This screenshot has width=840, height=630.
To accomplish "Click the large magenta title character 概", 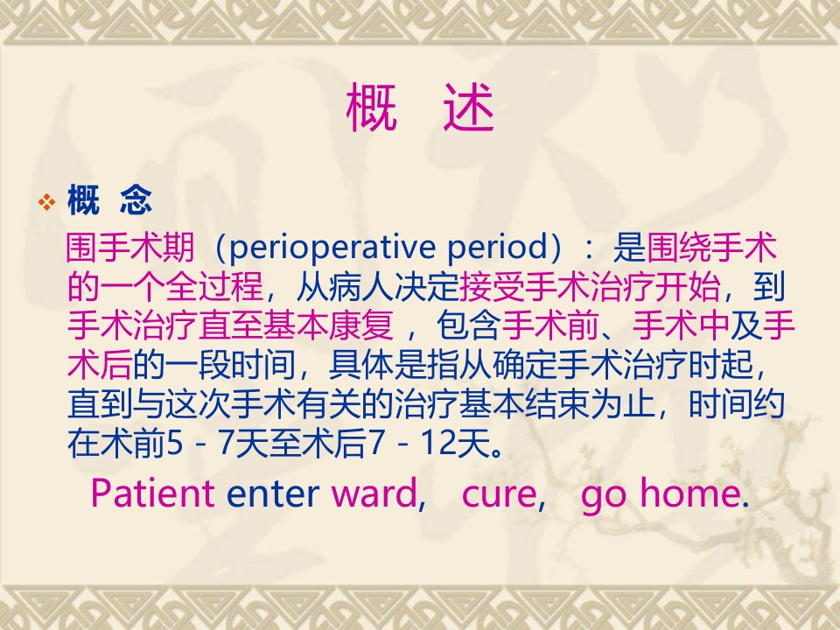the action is [x=371, y=108].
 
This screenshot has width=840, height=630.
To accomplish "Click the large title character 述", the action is [x=468, y=108].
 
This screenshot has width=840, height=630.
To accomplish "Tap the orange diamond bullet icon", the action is [x=47, y=202].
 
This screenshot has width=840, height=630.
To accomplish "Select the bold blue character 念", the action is [x=136, y=199].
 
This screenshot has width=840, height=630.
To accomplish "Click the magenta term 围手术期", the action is [x=130, y=248].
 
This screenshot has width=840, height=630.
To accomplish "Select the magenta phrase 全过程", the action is [x=214, y=287].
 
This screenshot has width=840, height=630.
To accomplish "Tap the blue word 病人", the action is [x=360, y=287].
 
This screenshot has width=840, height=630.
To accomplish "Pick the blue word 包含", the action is [x=469, y=325].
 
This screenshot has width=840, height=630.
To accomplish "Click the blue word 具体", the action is [x=360, y=365].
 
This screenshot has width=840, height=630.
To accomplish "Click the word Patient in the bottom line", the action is [x=152, y=493].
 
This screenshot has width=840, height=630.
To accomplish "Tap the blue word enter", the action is [x=273, y=493].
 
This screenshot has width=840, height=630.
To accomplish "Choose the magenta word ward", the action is [x=374, y=493].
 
